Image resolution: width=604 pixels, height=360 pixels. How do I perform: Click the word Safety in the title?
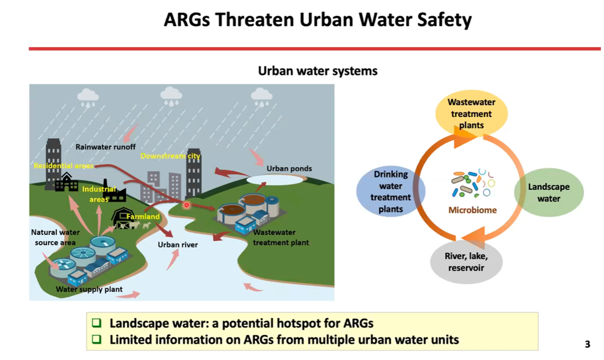click(x=444, y=20)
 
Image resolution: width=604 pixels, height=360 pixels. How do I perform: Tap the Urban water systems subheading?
click(x=318, y=71)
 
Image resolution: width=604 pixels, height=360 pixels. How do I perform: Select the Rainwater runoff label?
click(x=105, y=147)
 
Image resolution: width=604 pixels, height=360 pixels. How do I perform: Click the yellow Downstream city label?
click(x=170, y=156)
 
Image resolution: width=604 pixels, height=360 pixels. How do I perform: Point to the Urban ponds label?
click(x=289, y=169)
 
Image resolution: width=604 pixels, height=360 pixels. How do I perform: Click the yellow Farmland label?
click(x=143, y=216)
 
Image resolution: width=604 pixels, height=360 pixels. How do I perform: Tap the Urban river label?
click(x=178, y=244)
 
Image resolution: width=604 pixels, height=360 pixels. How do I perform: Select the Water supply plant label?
click(x=89, y=289)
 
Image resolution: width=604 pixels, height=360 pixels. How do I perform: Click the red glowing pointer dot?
click(x=186, y=205)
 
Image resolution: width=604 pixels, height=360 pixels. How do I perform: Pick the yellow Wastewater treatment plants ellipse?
click(x=471, y=113)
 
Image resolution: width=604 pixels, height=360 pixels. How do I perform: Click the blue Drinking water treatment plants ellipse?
click(x=391, y=191)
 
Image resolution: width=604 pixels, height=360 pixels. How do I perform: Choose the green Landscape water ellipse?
click(x=549, y=192)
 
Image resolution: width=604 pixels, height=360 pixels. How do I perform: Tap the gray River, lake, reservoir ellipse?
click(x=466, y=261)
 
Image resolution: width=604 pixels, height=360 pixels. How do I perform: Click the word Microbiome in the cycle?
click(x=473, y=210)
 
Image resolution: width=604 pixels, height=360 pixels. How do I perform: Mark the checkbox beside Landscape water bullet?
click(x=97, y=323)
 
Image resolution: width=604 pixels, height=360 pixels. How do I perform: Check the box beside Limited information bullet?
click(x=97, y=339)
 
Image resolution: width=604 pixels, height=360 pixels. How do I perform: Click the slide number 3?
click(x=587, y=344)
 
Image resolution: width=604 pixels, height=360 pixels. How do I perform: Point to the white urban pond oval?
click(x=275, y=180)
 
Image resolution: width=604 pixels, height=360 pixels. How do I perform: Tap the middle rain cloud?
click(x=171, y=97)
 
